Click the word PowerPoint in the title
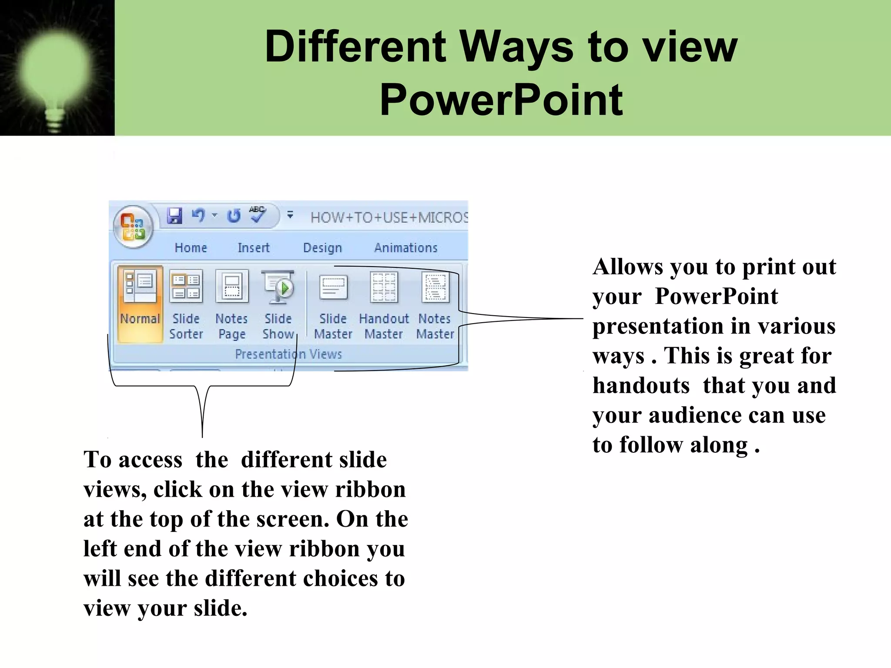(x=501, y=101)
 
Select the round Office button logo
(x=133, y=227)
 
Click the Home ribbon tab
(x=191, y=248)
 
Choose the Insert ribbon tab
(x=253, y=248)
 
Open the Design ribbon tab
(x=322, y=248)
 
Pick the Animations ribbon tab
(x=405, y=248)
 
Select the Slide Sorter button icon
(x=186, y=287)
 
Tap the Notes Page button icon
(x=232, y=287)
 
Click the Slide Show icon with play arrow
(x=278, y=287)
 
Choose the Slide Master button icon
(x=333, y=287)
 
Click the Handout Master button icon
(x=384, y=287)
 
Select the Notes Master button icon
(x=435, y=287)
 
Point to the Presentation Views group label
(x=288, y=354)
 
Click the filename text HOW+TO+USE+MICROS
(x=389, y=217)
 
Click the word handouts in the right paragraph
(x=641, y=386)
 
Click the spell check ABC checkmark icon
(x=257, y=214)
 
